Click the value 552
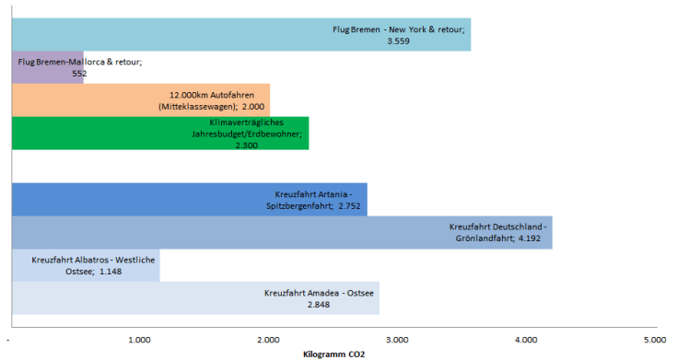pos(78,72)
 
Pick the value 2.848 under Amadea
pos(319,304)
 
